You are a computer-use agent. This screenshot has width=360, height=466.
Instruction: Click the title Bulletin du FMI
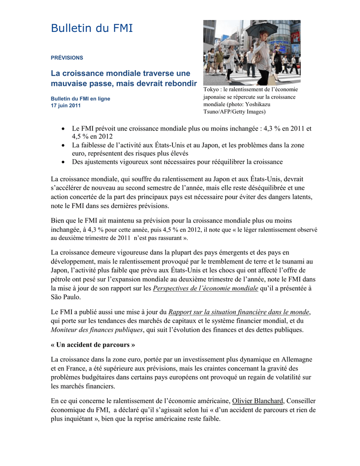[92, 29]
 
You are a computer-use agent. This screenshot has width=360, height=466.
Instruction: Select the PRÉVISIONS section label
[67, 58]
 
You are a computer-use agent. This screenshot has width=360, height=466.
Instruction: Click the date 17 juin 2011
[66, 106]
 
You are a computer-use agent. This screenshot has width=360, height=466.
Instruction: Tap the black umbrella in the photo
[262, 29]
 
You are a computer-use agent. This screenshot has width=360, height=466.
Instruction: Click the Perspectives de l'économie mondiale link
[205, 288]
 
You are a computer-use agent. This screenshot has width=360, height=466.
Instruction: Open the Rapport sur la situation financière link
[239, 312]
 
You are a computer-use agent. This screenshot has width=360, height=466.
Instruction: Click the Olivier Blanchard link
[258, 400]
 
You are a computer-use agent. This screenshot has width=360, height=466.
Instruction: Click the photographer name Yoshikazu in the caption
[278, 104]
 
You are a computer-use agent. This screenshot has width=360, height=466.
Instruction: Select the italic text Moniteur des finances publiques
[97, 329]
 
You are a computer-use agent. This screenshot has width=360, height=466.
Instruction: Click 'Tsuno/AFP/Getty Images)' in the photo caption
[234, 111]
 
